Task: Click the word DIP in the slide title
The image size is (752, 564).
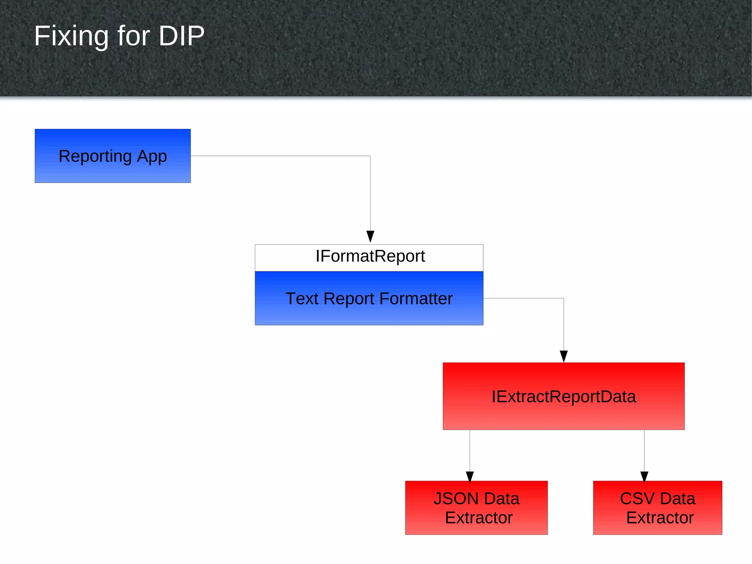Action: click(181, 36)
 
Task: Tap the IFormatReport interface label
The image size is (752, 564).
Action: click(370, 256)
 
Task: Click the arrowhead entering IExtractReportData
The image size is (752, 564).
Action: click(564, 356)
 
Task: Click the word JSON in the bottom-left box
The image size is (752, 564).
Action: click(456, 499)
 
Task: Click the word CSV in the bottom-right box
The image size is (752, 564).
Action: click(637, 499)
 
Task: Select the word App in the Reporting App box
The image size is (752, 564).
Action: click(152, 157)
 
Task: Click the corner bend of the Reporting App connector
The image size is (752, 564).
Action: click(370, 156)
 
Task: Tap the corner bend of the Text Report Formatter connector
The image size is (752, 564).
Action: click(564, 298)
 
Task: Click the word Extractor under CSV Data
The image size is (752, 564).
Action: click(660, 518)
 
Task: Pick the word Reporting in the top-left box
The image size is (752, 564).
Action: click(95, 157)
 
